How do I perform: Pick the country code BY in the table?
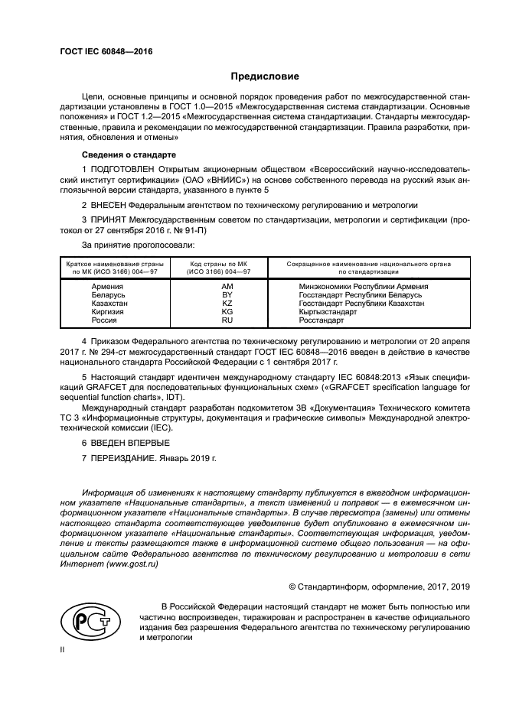click(x=227, y=294)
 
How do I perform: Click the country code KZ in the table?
click(x=227, y=304)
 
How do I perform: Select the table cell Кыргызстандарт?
click(x=328, y=312)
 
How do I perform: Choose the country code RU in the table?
click(x=227, y=321)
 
